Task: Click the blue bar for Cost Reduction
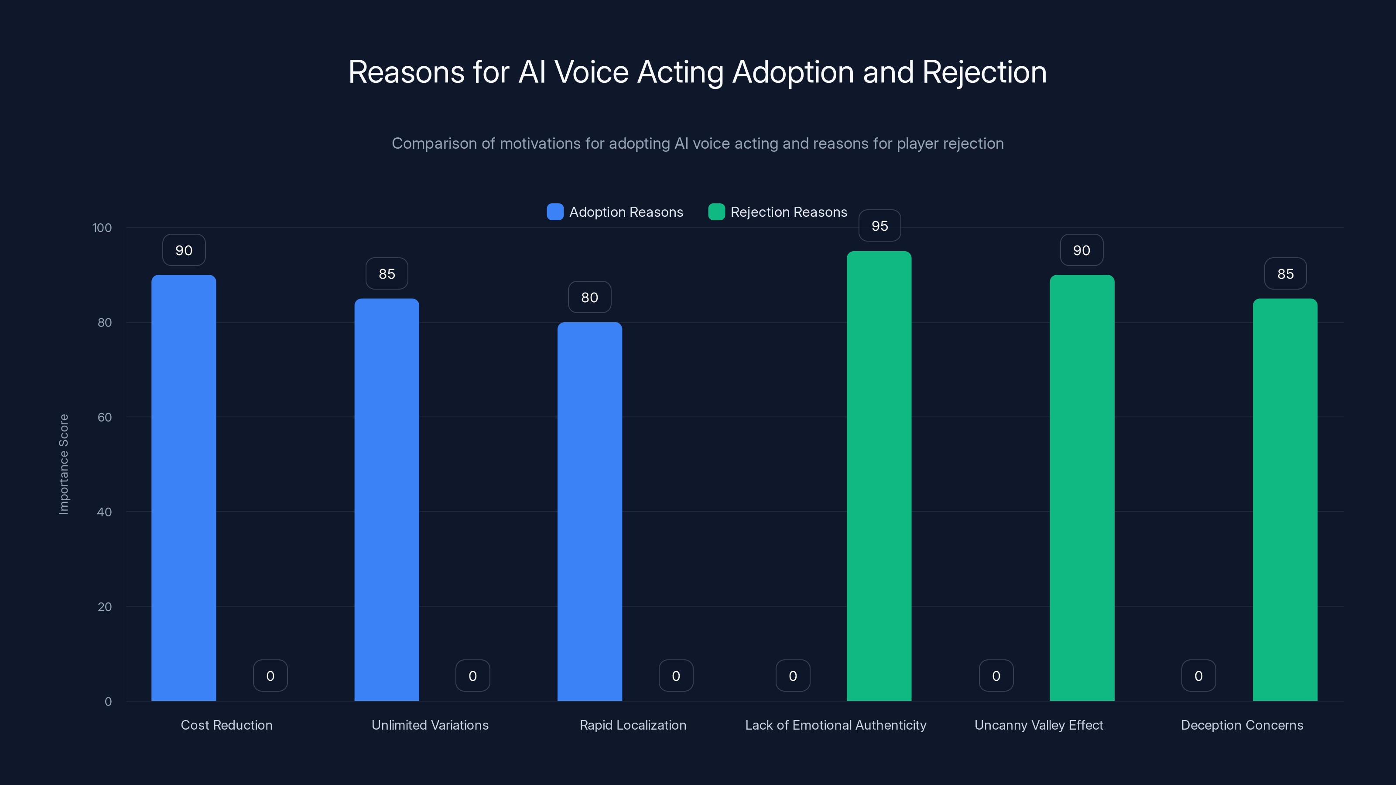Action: [x=184, y=488]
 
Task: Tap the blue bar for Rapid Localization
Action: [x=590, y=512]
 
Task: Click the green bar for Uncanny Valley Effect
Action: [x=1082, y=488]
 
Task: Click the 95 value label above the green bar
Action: [x=879, y=226]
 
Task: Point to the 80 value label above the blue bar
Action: [x=590, y=297]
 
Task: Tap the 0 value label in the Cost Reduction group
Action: [x=270, y=676]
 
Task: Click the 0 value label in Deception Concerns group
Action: [x=1198, y=676]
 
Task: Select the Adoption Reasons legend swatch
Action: [x=555, y=212]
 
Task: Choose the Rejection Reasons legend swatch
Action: [x=716, y=212]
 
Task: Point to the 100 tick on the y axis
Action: [x=102, y=228]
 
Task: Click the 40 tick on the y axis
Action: [x=104, y=512]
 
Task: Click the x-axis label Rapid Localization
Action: [x=633, y=725]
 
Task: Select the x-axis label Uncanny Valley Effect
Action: [x=1038, y=725]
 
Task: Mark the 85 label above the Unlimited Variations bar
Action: [x=387, y=273]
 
